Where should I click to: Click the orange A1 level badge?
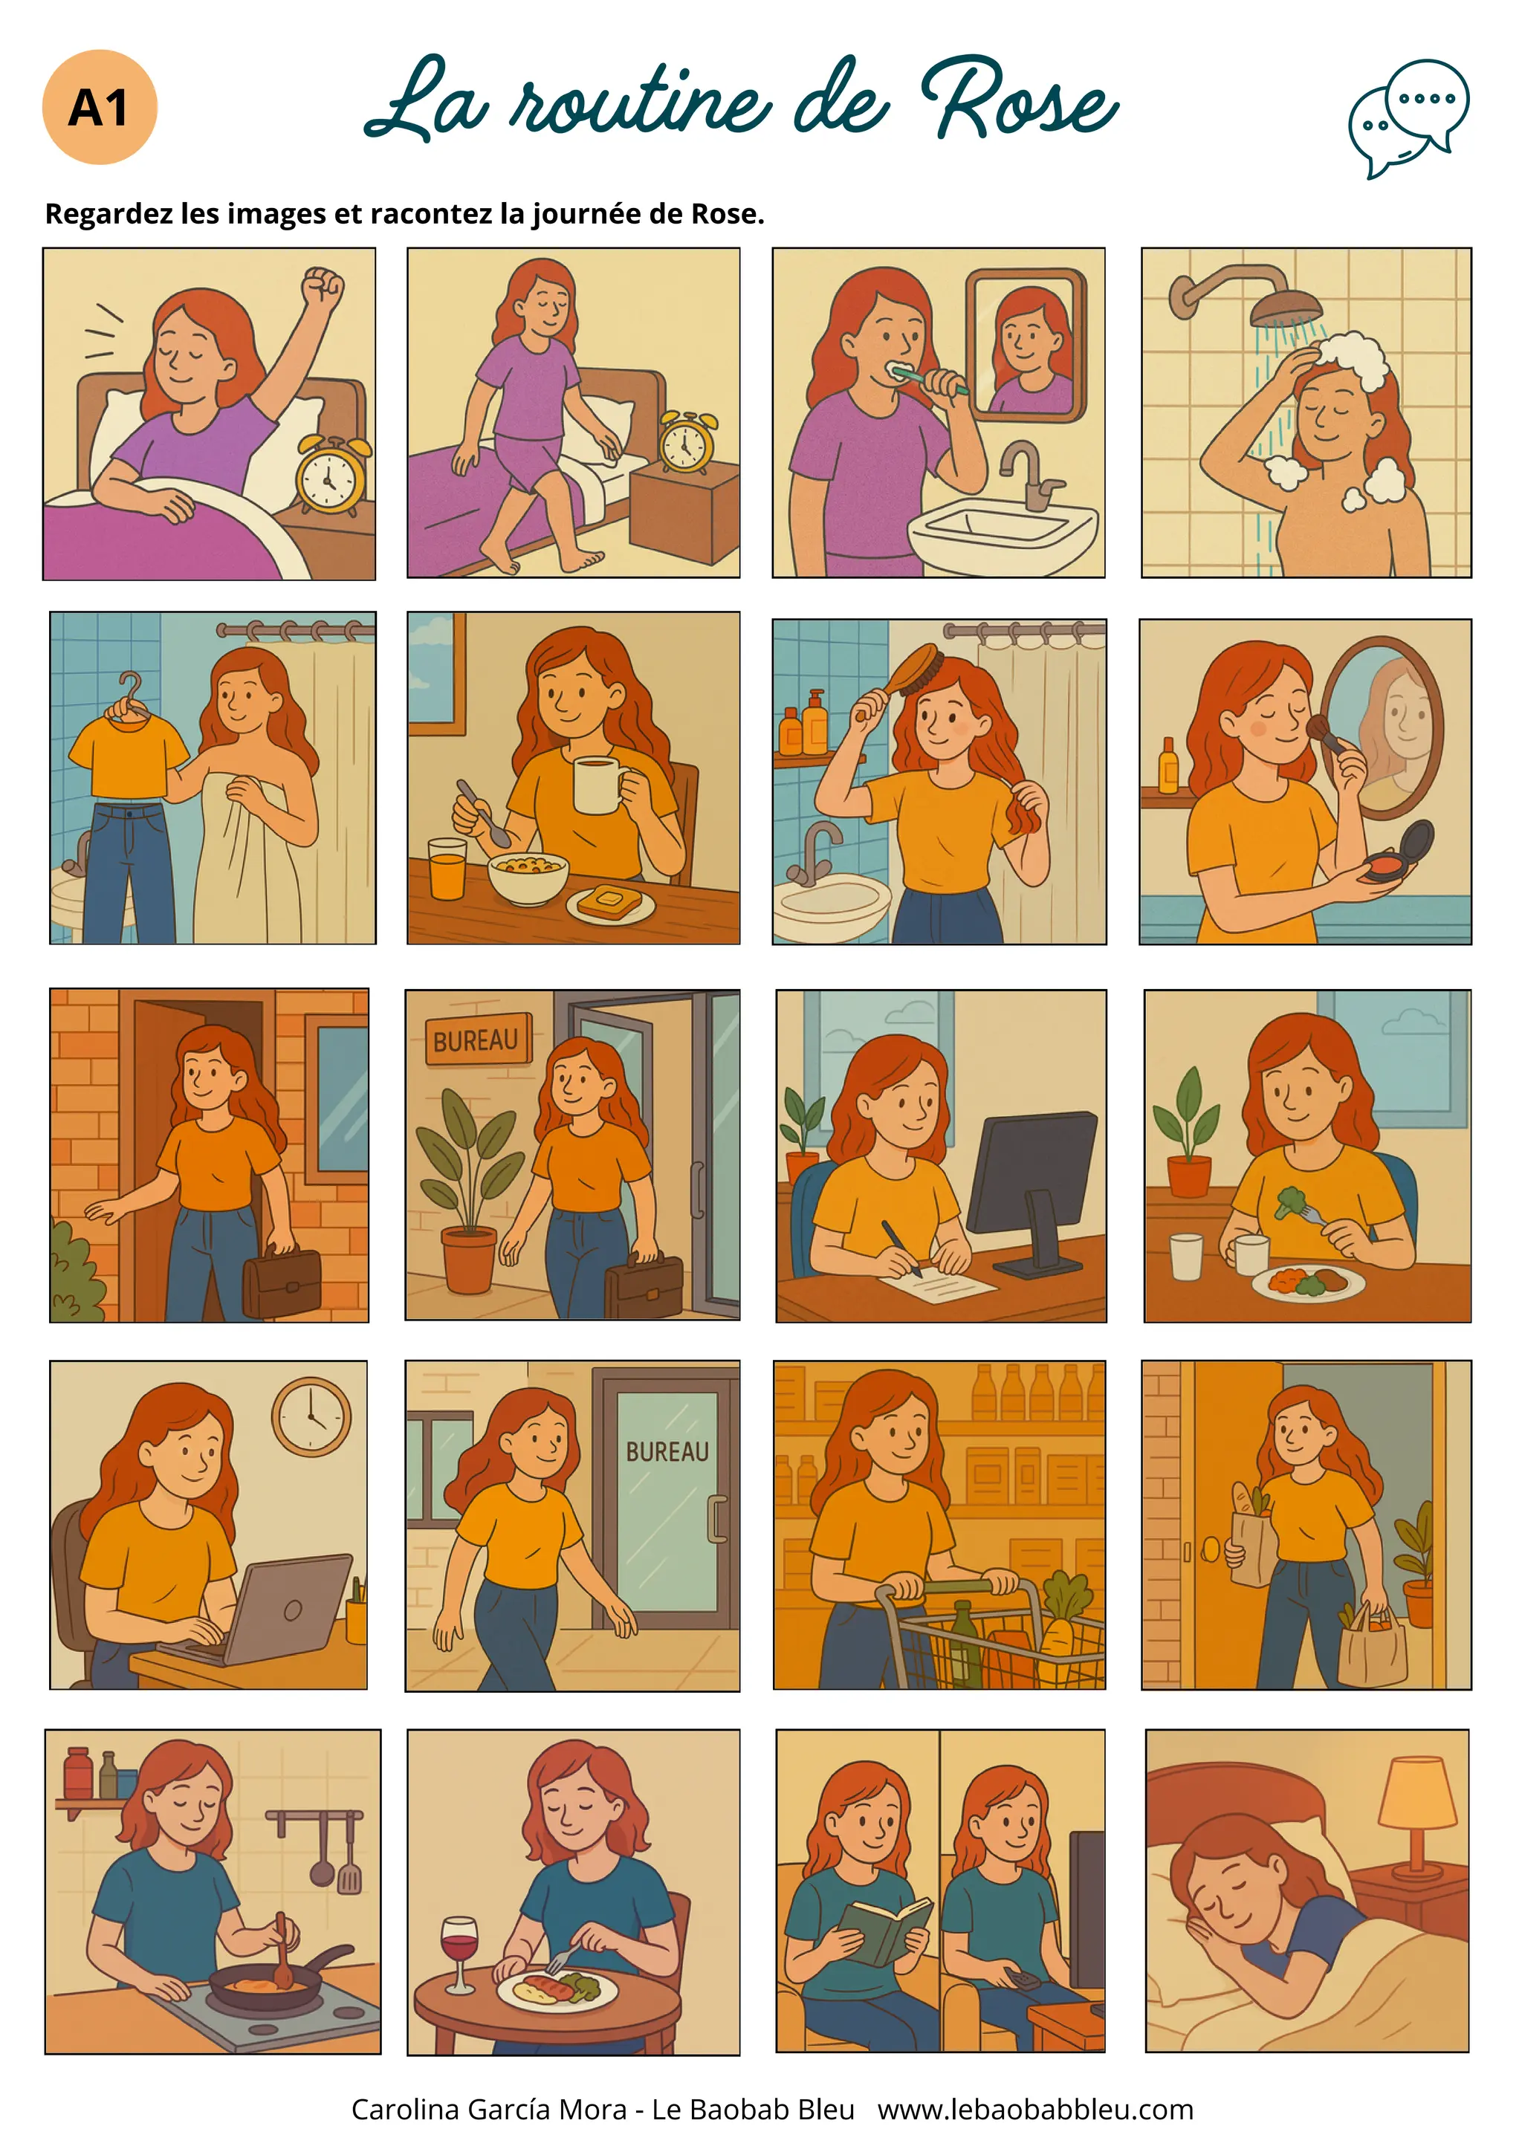(x=100, y=107)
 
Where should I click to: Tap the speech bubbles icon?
(x=1408, y=118)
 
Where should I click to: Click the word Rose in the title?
(x=1020, y=100)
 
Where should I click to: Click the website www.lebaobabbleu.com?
(x=1035, y=2109)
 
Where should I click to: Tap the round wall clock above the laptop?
(x=311, y=1417)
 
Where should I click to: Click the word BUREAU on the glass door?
(x=667, y=1452)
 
